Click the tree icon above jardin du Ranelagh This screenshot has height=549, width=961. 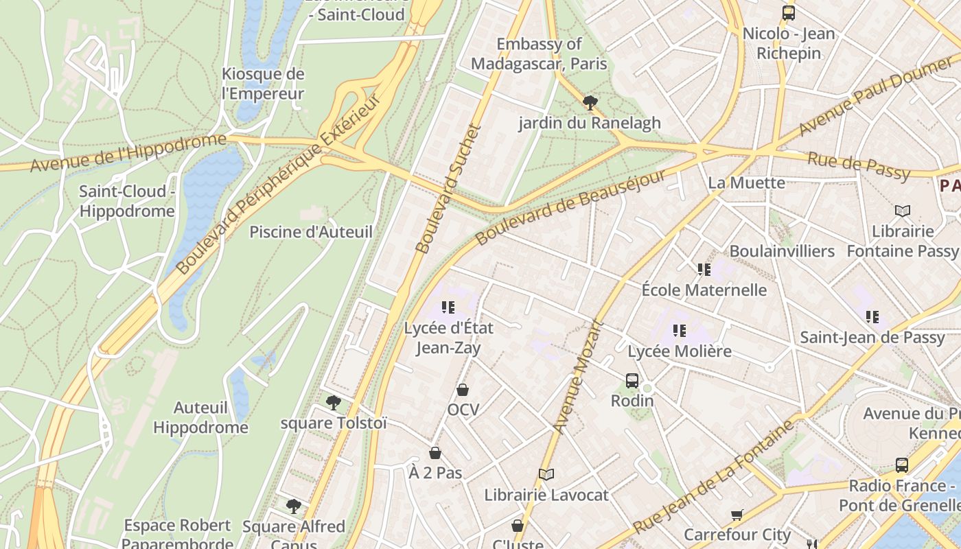pos(590,103)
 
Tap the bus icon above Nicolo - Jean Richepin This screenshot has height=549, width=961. pos(789,12)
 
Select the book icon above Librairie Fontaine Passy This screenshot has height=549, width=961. pos(903,211)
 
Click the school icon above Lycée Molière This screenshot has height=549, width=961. pos(680,331)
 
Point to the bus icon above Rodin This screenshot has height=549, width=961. pos(632,380)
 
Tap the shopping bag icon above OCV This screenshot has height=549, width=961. pos(463,390)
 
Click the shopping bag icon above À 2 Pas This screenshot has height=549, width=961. pos(435,453)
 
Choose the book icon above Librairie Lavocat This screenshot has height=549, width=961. pos(546,474)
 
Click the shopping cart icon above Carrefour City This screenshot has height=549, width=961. pos(737,515)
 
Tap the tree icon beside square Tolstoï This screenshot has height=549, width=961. pos(334,403)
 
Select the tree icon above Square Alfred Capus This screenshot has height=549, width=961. pos(294,506)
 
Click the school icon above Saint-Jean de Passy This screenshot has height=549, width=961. pos(872,317)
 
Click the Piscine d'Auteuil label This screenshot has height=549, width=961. pos(311,232)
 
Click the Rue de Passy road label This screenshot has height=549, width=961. pos(859,165)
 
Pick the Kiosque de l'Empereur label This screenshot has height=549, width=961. pos(263,84)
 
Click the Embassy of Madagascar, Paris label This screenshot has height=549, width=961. pos(539,54)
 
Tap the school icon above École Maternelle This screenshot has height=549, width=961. pos(704,270)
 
